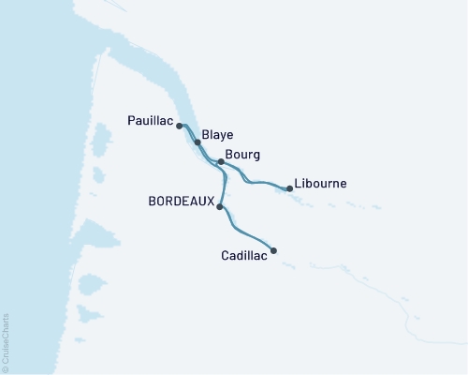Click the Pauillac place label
149,120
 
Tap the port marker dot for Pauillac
179,125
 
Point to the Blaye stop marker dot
197,142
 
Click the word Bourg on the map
242,154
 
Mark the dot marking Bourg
220,161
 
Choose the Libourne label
320,183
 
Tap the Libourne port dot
289,188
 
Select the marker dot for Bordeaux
219,206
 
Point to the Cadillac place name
243,255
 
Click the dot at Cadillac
273,250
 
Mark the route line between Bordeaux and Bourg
224,184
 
